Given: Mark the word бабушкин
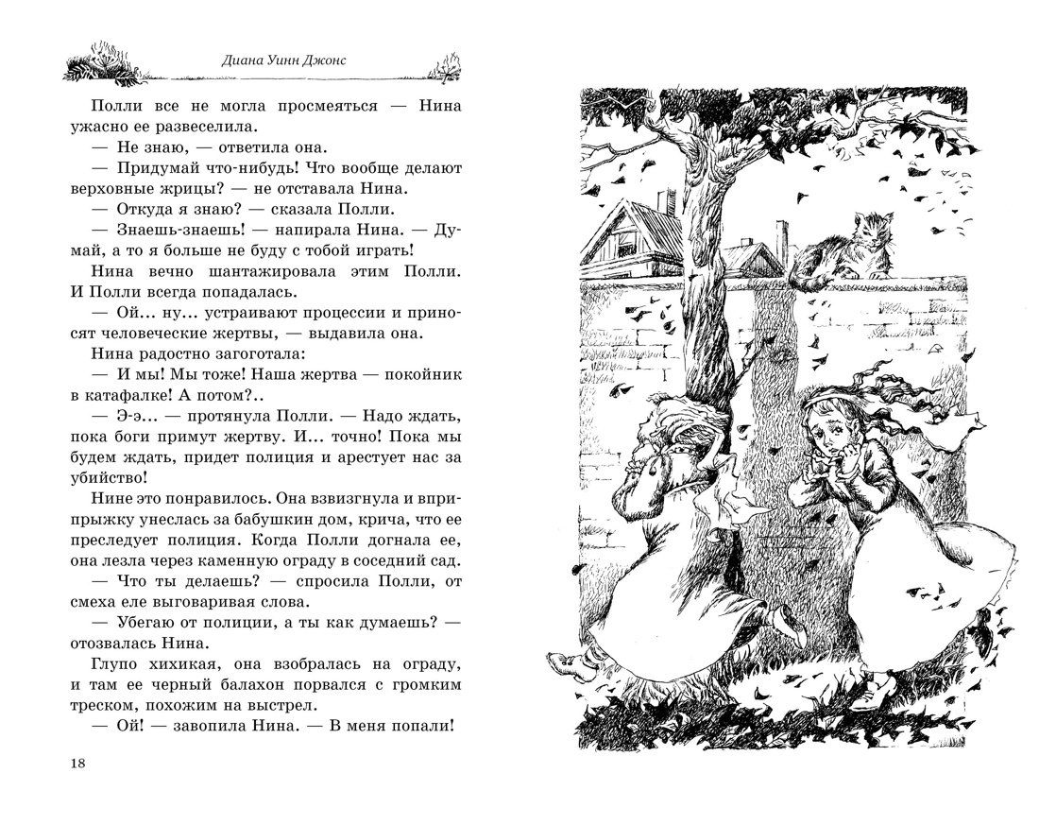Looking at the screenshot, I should pyautogui.click(x=267, y=519).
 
